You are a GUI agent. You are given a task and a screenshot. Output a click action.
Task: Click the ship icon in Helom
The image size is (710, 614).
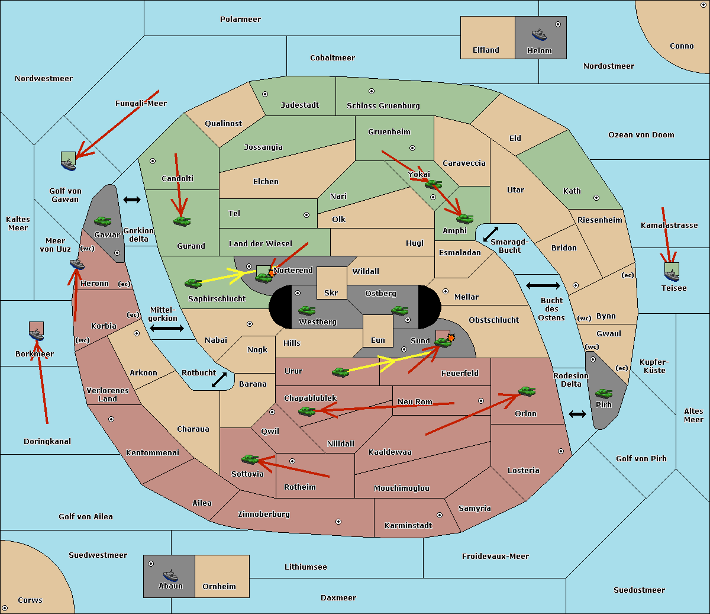click(539, 34)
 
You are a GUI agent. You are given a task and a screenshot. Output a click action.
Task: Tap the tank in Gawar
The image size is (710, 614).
click(103, 221)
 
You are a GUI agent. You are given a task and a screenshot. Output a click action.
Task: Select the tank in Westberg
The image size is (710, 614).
click(306, 310)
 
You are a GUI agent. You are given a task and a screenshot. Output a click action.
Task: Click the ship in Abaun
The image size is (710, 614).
click(170, 575)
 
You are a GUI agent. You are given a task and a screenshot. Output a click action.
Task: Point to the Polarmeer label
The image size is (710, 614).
click(240, 20)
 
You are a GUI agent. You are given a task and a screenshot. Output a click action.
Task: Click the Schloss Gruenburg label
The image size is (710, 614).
click(383, 105)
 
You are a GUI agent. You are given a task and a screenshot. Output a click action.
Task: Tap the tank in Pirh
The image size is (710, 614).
click(604, 394)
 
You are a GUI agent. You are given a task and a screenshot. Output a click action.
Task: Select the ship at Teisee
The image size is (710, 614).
click(672, 273)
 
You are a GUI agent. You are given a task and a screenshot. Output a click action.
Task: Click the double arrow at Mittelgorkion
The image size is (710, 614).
click(166, 329)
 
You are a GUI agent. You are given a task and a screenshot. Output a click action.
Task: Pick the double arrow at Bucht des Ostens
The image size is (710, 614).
click(543, 286)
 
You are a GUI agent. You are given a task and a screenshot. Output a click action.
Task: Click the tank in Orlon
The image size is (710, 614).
click(527, 391)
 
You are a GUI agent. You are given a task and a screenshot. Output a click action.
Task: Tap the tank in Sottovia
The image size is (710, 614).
click(250, 459)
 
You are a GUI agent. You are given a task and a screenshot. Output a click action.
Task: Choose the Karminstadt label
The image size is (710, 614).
click(408, 525)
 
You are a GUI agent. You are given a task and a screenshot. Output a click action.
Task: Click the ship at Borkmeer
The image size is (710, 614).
click(37, 335)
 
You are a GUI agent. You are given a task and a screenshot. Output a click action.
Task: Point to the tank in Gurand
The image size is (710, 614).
click(182, 221)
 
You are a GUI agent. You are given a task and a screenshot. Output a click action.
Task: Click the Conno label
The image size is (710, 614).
click(682, 46)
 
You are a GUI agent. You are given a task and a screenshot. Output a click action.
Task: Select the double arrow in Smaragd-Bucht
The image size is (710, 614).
click(490, 234)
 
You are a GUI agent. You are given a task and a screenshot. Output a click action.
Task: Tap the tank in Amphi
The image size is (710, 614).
click(464, 218)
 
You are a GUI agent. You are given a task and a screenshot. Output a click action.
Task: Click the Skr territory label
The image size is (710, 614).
click(331, 292)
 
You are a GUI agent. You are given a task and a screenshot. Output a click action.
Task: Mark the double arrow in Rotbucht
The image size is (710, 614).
click(219, 380)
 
